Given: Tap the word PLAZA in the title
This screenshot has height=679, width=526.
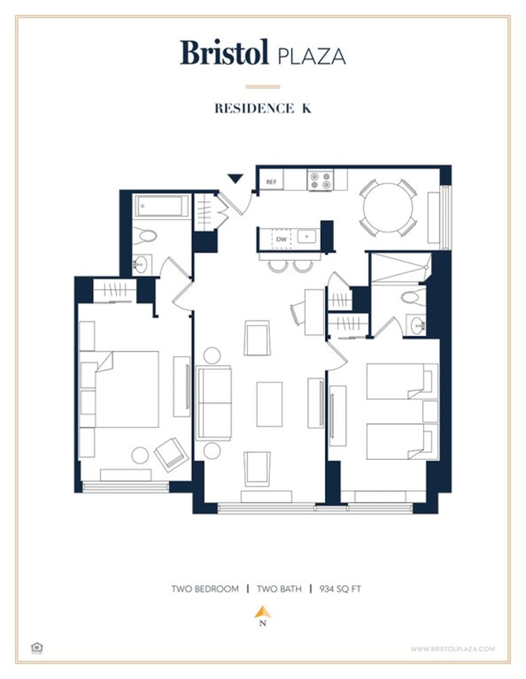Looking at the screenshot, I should point(312,56).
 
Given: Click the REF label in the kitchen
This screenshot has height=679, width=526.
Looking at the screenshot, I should point(271,181).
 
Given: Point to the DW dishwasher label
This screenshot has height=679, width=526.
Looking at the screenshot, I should point(281,239).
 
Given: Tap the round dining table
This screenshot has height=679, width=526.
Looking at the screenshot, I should point(388,207).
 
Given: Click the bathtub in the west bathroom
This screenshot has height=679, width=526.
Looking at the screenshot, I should point(162,206).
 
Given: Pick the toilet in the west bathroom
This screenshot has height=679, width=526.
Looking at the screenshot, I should point(145,236).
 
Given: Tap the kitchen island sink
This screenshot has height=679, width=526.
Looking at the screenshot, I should point(306,236).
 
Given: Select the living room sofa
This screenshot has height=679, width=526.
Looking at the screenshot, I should point(215,403).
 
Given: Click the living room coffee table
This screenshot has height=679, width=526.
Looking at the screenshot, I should point(269,404).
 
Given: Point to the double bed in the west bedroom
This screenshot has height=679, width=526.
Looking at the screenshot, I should point(126,389).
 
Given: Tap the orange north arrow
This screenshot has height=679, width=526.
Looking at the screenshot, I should point(262,612).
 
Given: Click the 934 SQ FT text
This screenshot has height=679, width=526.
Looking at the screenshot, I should point(341,588).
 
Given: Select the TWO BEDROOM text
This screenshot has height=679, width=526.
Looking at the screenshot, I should point(204,588).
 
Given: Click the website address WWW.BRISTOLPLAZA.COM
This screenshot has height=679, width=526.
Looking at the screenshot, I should point(452,649).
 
